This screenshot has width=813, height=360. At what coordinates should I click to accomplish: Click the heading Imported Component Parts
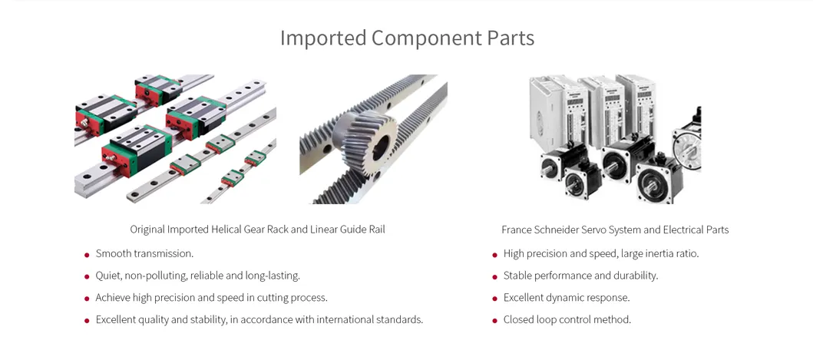[407, 38]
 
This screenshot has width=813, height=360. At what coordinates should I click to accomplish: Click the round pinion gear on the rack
[365, 141]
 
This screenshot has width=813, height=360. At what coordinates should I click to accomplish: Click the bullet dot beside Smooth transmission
[87, 255]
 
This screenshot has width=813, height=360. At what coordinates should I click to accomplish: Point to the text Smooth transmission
[144, 253]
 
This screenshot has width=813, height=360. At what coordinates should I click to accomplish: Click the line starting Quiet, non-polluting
[197, 276]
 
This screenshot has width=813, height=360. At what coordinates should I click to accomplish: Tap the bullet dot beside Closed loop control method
[494, 321]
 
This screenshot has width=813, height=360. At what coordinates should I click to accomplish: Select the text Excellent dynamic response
[567, 298]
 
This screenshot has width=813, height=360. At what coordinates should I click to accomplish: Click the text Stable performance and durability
[580, 276]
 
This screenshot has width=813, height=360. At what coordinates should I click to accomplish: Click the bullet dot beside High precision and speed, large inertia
[494, 255]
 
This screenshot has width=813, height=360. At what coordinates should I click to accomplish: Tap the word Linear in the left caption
[323, 230]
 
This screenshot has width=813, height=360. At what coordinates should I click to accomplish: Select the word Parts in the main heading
[511, 38]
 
